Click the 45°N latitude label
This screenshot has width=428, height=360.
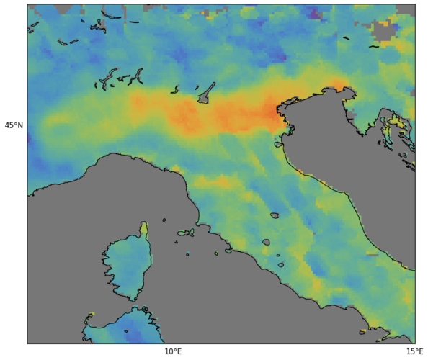[x=14, y=125]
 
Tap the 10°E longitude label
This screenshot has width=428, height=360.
[x=173, y=352]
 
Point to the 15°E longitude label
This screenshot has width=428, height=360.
[x=414, y=352]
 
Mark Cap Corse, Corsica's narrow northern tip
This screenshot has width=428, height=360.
[x=144, y=230]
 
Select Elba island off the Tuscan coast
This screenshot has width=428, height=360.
[x=186, y=233]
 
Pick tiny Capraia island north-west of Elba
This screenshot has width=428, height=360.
[x=164, y=220]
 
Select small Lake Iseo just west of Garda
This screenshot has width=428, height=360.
[x=174, y=90]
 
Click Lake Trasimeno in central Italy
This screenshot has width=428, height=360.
[x=275, y=215]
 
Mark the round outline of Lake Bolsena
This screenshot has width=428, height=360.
[x=266, y=242]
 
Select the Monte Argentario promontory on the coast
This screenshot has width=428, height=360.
[x=228, y=251]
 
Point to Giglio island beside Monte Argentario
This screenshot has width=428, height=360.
[x=216, y=253]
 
